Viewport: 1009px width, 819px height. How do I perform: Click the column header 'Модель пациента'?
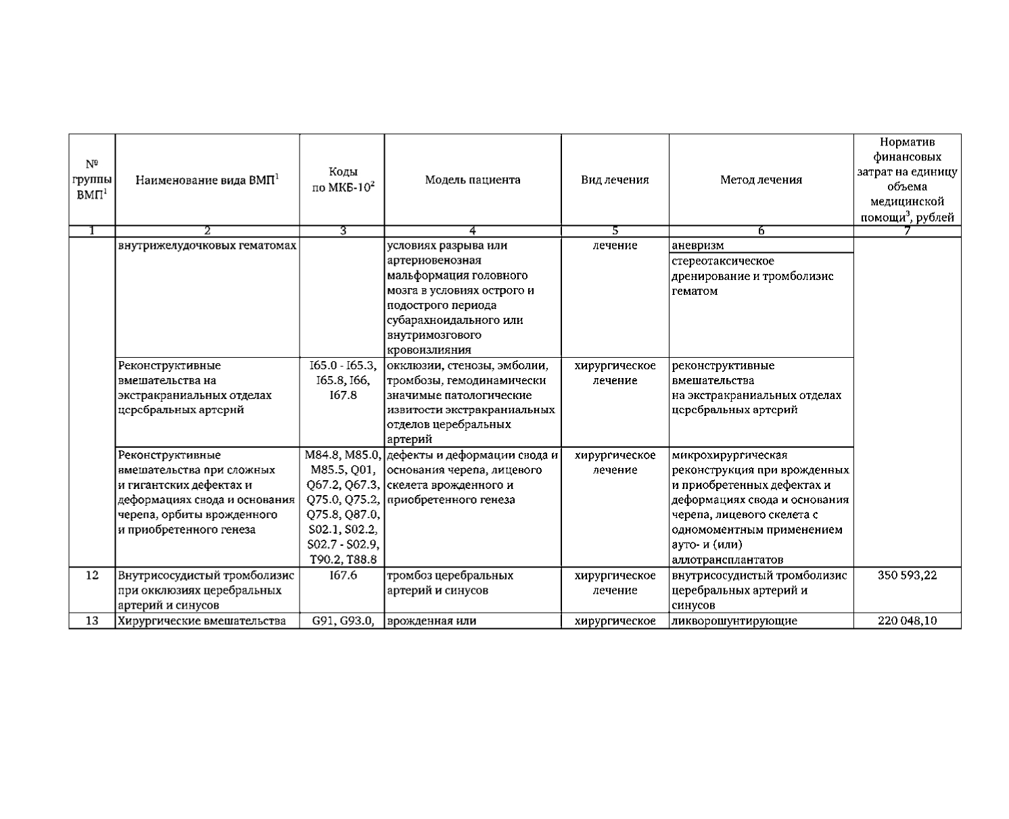point(473,180)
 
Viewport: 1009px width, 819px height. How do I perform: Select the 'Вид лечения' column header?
point(615,180)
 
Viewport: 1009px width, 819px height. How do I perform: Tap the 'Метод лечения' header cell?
point(761,180)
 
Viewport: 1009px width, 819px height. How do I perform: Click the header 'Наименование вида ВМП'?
point(208,180)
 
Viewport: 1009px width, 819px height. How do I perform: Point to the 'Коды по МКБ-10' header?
point(343,180)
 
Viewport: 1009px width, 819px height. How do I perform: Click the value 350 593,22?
point(907,576)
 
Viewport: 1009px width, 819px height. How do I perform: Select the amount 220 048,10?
point(907,621)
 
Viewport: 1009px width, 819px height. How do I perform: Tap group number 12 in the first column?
point(92,576)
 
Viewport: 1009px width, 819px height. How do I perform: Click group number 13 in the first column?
point(92,621)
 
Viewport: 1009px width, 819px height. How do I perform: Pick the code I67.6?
point(343,576)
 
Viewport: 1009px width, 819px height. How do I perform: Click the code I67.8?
point(343,395)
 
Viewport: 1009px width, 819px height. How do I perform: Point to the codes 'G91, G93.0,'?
point(343,621)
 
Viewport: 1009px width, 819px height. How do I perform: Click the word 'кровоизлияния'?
point(429,350)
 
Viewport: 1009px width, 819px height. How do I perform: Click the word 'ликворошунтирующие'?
point(734,621)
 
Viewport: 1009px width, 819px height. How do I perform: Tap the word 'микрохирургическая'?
point(729,455)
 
